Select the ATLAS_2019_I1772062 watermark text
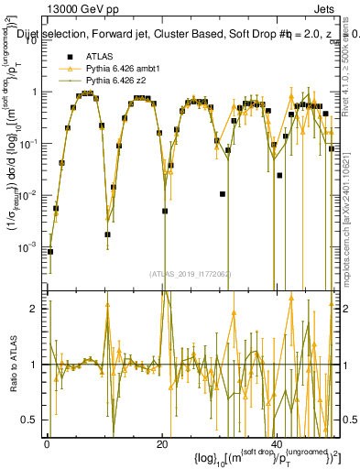(192, 273)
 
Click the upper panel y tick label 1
(36, 92)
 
